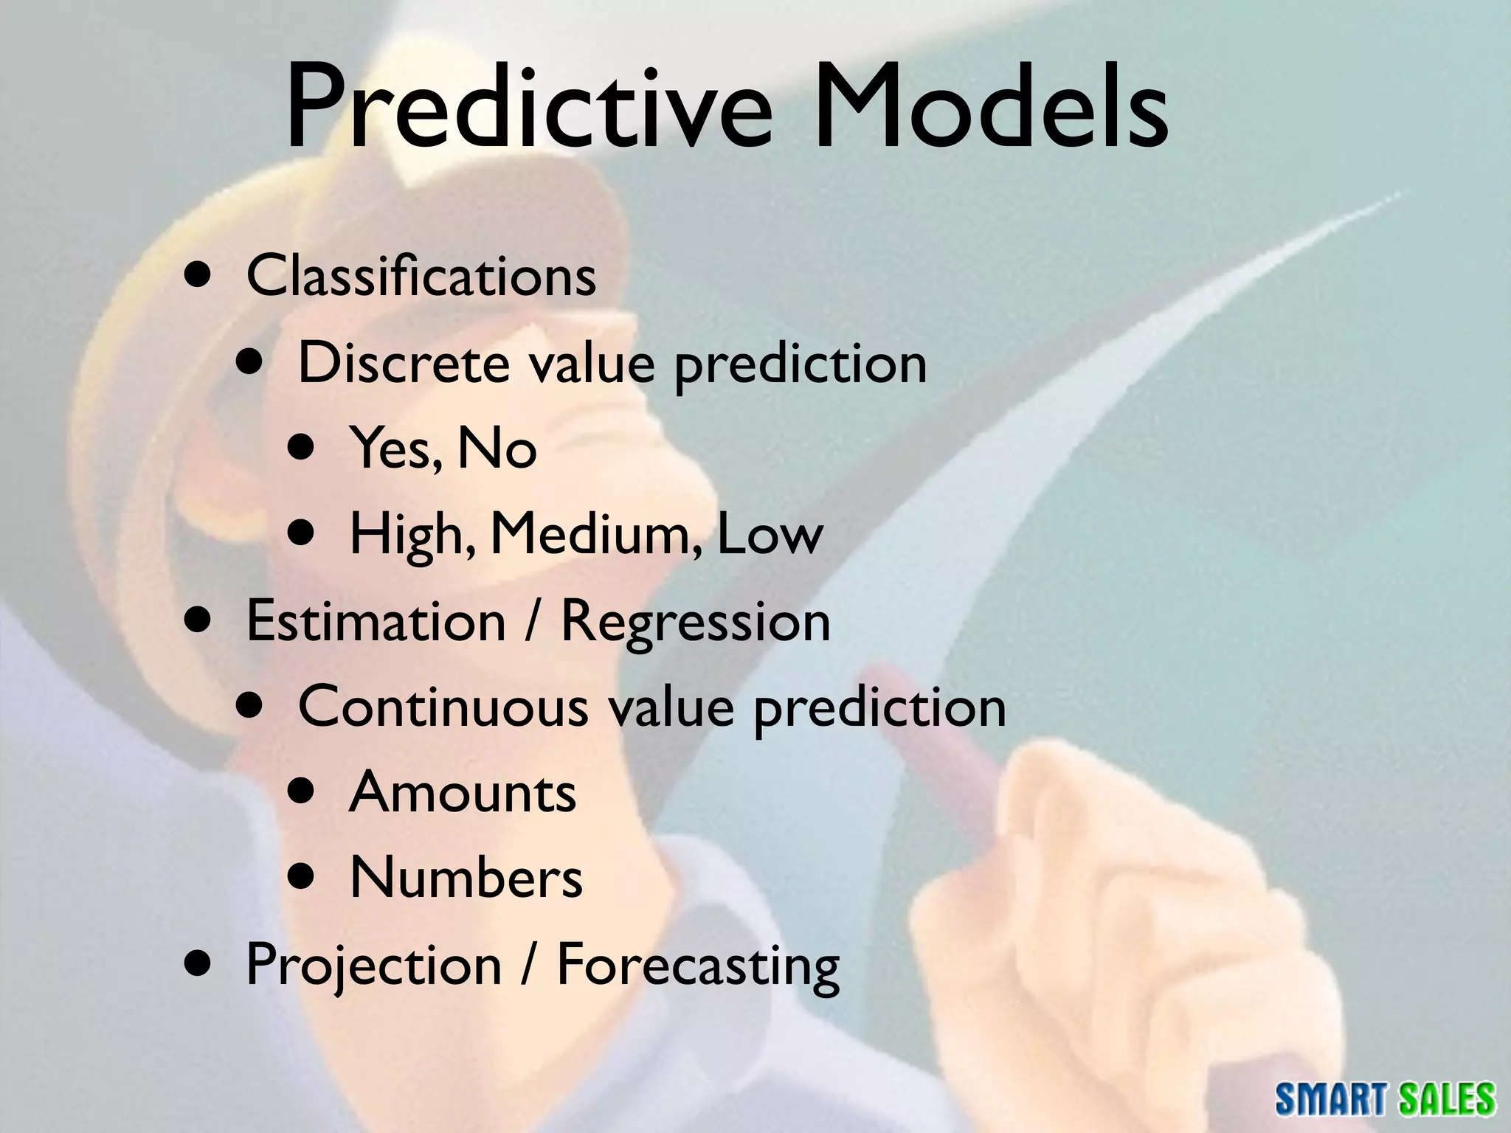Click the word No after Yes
[497, 448]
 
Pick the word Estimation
[376, 621]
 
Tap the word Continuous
[443, 707]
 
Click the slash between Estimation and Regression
[533, 621]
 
